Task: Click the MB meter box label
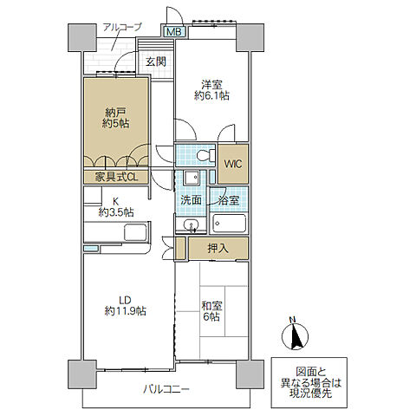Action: tap(174, 31)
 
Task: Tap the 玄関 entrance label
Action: tap(156, 62)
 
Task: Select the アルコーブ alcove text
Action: tap(122, 27)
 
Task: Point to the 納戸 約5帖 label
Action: tap(116, 118)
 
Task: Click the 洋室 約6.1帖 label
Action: tap(211, 90)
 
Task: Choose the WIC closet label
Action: tap(233, 164)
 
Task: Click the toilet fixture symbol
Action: tap(205, 155)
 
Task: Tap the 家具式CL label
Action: tap(116, 177)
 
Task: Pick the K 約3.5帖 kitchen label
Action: tap(116, 207)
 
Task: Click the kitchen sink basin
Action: tap(136, 232)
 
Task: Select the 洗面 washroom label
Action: tap(191, 200)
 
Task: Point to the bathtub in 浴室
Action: tap(230, 224)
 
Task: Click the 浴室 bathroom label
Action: tap(229, 200)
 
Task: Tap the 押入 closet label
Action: tap(218, 248)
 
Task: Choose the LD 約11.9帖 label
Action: tap(125, 305)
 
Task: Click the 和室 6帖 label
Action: tap(211, 311)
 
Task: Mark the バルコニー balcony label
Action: tap(166, 389)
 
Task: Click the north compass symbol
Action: tap(295, 335)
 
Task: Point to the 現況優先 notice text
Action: tap(310, 393)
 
